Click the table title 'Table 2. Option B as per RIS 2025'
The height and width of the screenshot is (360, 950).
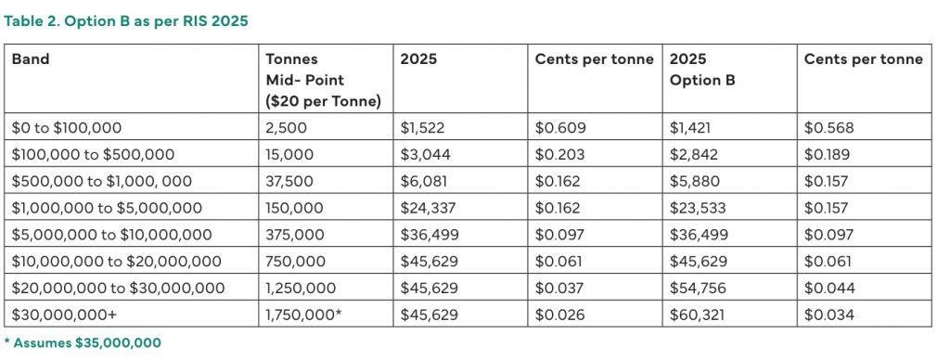[x=126, y=20]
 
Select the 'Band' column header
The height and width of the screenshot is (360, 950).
[x=31, y=59]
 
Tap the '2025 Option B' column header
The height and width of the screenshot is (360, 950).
[x=702, y=70]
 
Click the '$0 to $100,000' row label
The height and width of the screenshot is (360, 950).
[x=67, y=128]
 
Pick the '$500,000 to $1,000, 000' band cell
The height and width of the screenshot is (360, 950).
[x=102, y=181]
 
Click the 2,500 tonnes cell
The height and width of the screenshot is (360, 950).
[x=286, y=128]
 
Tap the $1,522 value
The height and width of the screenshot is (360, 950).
[x=422, y=128]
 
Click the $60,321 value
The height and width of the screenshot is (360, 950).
[x=695, y=315]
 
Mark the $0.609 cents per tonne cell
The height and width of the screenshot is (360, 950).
[x=560, y=128]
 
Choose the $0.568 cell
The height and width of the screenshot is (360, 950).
[x=828, y=128]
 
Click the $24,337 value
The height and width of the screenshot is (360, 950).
[x=428, y=208]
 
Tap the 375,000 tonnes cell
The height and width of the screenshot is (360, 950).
[x=294, y=235]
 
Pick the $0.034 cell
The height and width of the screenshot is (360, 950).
[x=829, y=315]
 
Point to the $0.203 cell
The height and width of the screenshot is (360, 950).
[x=559, y=155]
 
